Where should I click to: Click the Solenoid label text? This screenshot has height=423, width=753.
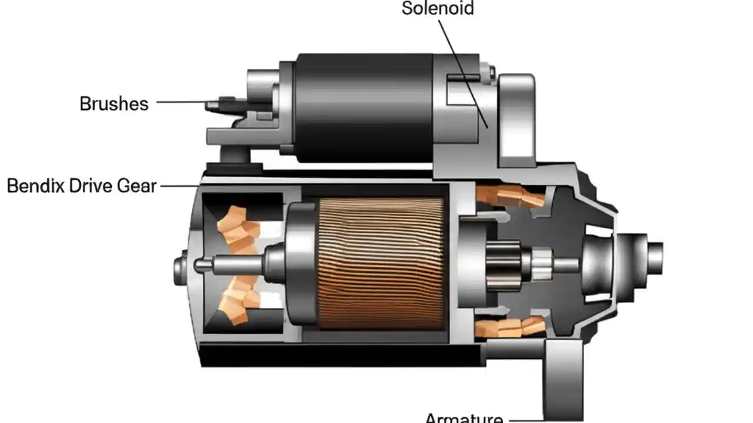coord(437,8)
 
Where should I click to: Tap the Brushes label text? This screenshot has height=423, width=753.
coord(114,104)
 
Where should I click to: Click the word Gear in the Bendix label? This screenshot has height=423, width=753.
coord(136,186)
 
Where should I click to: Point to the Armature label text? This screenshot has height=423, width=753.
coord(464,418)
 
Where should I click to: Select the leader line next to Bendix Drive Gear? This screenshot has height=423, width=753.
coord(179,186)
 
